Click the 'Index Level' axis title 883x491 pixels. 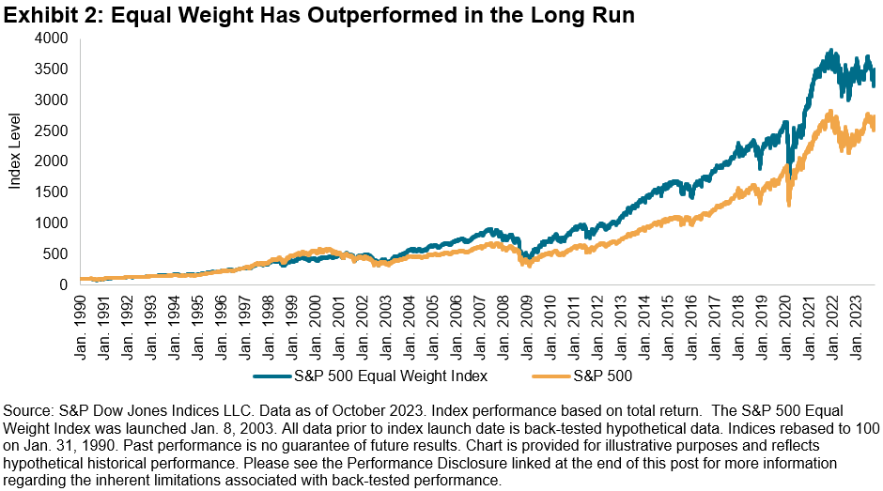pos(15,161)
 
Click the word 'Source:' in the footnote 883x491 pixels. pos(28,410)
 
